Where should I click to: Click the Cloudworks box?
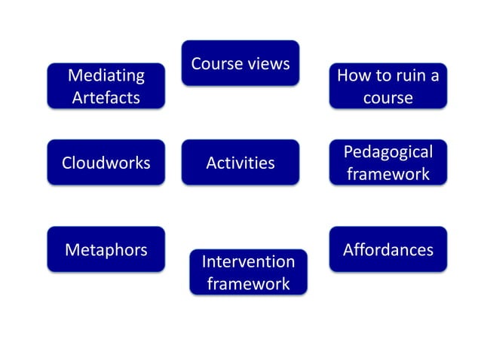(x=106, y=162)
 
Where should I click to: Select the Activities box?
(x=240, y=162)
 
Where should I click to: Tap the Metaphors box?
(x=106, y=249)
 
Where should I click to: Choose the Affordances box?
(x=388, y=249)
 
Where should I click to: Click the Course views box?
(x=240, y=63)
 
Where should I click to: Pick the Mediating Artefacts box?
(x=106, y=86)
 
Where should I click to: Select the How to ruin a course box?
(x=388, y=86)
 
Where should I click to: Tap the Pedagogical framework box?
(x=388, y=162)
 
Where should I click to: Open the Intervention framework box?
(x=248, y=272)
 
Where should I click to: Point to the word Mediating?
(x=106, y=75)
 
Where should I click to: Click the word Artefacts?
(x=106, y=98)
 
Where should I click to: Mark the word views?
(x=268, y=64)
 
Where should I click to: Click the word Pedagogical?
(x=388, y=152)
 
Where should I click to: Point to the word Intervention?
(x=248, y=261)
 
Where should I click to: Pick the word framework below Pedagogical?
(x=388, y=174)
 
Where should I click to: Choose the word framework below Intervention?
(x=248, y=284)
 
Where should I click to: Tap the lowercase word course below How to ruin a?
(x=388, y=98)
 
